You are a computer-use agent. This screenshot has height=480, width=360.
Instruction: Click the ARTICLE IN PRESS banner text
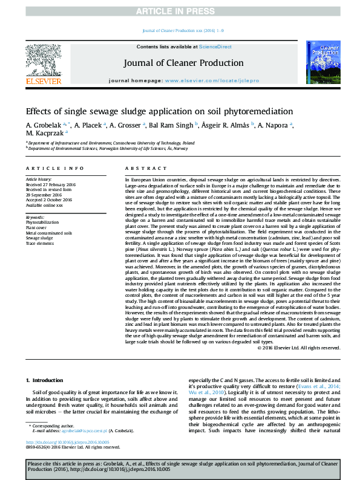180,11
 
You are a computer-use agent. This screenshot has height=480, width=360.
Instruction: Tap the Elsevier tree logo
43,60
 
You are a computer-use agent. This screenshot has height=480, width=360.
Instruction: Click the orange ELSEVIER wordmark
43,81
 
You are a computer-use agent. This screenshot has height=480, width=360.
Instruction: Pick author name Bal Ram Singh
171,125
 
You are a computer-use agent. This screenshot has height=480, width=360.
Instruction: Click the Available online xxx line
44,206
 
